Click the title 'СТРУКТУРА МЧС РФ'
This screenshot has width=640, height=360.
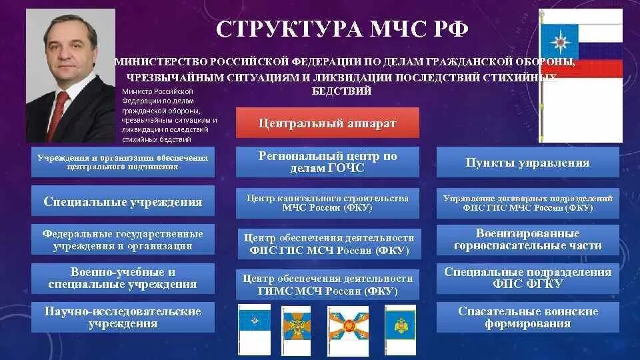click(x=342, y=30)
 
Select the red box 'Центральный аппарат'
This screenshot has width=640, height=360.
click(x=327, y=123)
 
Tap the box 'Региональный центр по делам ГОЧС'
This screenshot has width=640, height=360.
click(x=327, y=162)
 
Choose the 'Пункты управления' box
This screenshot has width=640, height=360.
click(x=527, y=163)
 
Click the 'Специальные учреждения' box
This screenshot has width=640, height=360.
click(x=123, y=201)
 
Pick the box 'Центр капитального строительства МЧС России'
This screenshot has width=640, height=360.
click(x=327, y=203)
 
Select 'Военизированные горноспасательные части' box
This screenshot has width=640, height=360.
click(x=527, y=240)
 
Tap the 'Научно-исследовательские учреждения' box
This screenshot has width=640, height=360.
click(x=123, y=317)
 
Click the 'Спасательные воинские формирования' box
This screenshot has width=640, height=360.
click(x=527, y=317)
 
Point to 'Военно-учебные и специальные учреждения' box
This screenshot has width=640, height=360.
click(x=123, y=279)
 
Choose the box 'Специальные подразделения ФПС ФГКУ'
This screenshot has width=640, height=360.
click(x=527, y=278)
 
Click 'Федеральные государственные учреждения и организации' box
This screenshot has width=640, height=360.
click(x=123, y=240)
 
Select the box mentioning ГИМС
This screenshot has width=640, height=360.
click(x=327, y=285)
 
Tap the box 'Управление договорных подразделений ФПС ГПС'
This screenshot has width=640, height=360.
click(x=527, y=203)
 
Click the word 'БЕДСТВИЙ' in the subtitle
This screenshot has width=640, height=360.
click(x=341, y=91)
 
